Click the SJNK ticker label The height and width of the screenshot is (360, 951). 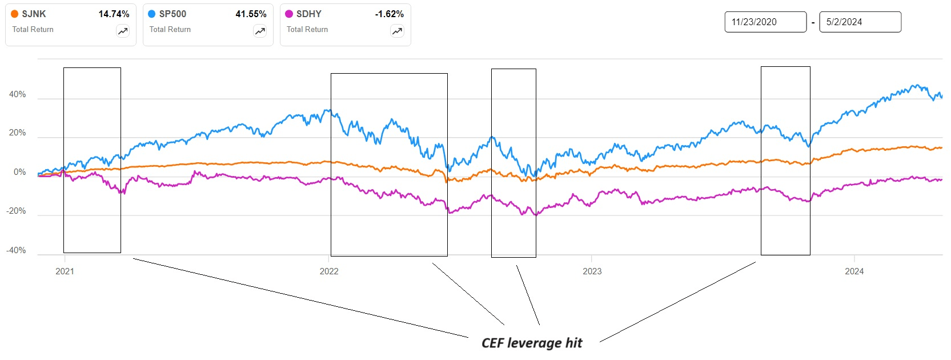(34, 14)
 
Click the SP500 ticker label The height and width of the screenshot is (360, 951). (172, 14)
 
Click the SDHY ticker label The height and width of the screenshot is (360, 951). (308, 14)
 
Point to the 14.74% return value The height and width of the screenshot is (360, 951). (114, 14)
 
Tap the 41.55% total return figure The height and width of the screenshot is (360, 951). (251, 14)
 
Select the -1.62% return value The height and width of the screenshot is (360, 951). (389, 14)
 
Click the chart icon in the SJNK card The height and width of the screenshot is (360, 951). (123, 31)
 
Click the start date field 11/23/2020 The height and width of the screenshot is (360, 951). (765, 22)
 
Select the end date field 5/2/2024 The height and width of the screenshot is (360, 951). (860, 22)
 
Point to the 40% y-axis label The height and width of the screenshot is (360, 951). (17, 94)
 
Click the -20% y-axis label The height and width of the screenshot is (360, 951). (16, 211)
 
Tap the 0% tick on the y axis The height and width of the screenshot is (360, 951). (19, 172)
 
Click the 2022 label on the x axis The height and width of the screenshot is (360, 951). (329, 271)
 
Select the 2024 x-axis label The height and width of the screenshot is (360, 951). (854, 271)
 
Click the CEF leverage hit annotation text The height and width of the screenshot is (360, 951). (532, 343)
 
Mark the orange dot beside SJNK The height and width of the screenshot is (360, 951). (15, 14)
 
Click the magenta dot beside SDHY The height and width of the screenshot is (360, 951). (289, 14)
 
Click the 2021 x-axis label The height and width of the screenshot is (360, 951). (65, 271)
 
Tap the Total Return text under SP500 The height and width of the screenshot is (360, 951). (170, 29)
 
